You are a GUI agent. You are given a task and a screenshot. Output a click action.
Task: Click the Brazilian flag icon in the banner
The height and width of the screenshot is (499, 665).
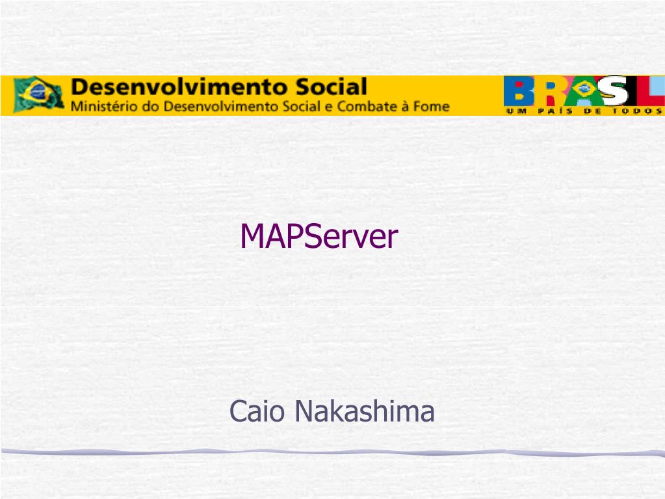tap(38, 94)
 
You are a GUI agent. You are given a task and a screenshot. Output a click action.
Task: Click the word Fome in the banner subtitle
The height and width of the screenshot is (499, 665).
tap(431, 105)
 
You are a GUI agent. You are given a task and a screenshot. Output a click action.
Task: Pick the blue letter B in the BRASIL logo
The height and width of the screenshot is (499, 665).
tap(519, 91)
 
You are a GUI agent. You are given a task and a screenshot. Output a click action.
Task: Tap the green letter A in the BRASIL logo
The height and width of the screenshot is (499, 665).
tap(582, 91)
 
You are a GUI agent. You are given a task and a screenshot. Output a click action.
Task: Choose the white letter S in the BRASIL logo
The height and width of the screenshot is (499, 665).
tap(614, 91)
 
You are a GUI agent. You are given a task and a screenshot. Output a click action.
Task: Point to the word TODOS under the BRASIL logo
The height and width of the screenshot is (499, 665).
tap(636, 112)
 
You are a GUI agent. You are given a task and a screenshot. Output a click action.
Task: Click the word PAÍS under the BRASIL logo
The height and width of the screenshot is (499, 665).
tap(554, 112)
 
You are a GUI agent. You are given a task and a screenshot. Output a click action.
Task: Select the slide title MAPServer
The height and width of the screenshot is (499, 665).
tap(319, 237)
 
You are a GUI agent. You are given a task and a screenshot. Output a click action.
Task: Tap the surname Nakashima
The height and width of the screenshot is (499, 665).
tap(364, 411)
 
